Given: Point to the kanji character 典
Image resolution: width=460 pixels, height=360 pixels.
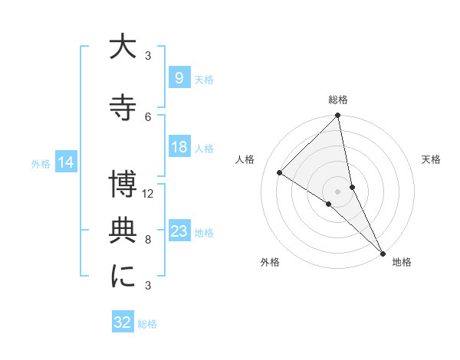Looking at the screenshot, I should pos(123,231).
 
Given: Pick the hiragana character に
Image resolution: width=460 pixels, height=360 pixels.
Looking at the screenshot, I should pos(123,277).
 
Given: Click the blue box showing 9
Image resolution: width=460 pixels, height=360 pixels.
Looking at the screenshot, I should pos(179,77).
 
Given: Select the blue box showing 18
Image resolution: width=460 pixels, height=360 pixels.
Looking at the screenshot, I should pos(179,148).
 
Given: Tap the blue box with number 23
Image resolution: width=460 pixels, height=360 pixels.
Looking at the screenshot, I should pos(179,231).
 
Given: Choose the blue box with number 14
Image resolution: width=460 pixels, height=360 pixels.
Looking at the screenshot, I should pos(66,162).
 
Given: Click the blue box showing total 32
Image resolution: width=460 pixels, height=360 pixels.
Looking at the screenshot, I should pos(123,322).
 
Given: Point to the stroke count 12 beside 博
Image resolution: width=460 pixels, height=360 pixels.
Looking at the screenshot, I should pos(149,194).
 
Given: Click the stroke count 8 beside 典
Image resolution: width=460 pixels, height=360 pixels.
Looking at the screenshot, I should pos(148,240).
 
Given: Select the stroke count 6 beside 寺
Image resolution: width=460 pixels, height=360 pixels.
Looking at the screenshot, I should pos(148,116).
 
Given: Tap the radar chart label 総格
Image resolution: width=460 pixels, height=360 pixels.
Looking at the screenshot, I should pos(338,100).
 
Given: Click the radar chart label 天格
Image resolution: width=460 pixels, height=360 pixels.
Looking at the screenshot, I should pos(432,159).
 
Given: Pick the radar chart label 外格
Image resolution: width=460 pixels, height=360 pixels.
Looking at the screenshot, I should pos(270,262).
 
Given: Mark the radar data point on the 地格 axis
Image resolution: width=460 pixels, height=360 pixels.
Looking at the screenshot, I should pos(383,252).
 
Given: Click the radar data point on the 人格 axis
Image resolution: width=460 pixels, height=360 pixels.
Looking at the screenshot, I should pos(280,173).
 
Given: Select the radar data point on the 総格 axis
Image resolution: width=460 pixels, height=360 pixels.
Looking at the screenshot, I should pos(338,116).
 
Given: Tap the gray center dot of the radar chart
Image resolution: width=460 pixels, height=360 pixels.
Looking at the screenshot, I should pos(337,190).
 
